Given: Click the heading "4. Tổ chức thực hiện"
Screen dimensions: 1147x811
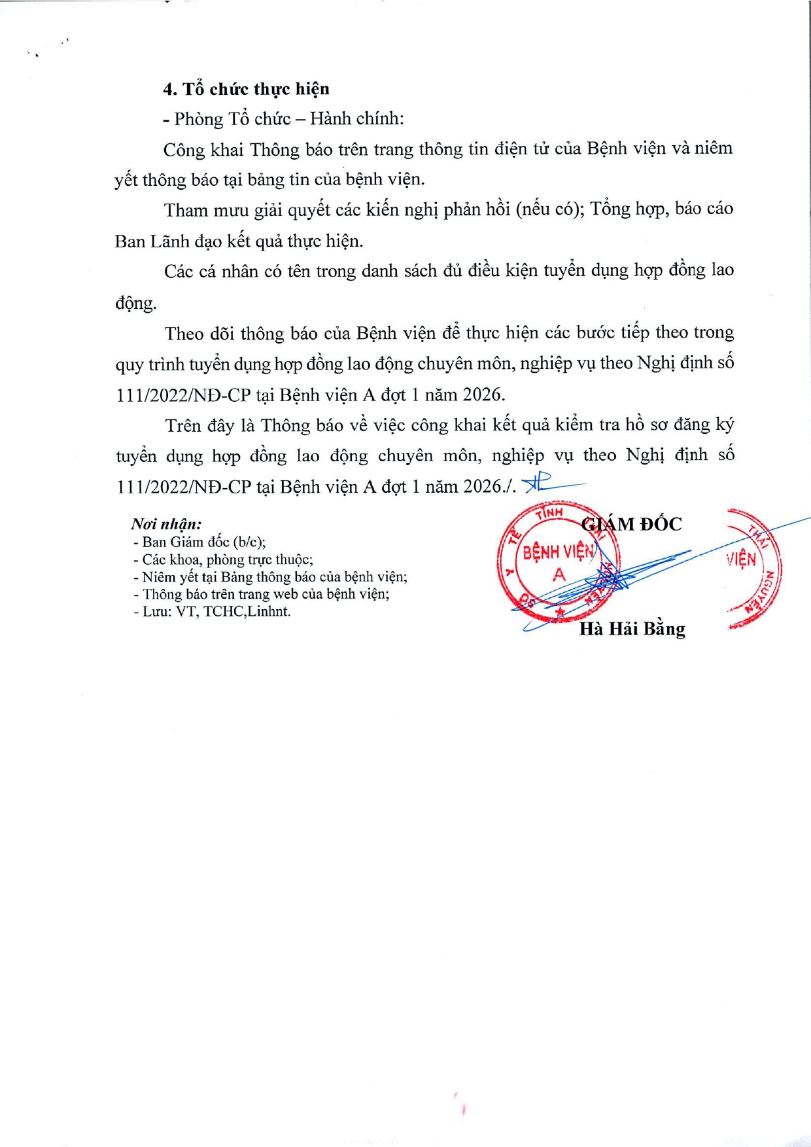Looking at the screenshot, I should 246,89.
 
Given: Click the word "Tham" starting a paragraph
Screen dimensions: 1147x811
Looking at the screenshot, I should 184,210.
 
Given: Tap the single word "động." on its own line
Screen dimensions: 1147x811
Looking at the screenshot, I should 136,303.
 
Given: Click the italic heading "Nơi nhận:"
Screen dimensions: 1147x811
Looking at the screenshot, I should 166,524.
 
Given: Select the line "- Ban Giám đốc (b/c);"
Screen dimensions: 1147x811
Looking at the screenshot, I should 199,542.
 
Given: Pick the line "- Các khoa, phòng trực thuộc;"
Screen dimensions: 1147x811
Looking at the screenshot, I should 222,559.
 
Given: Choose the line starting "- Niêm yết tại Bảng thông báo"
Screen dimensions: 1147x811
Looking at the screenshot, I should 269,577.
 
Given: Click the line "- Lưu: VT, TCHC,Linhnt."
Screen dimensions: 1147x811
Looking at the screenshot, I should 211,612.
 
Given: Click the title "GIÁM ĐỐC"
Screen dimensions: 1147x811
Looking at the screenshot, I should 632,524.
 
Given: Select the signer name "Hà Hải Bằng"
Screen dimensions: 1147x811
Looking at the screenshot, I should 632,629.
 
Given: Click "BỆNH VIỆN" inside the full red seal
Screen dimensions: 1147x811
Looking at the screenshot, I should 558,552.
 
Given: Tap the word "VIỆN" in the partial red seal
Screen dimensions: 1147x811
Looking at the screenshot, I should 741,559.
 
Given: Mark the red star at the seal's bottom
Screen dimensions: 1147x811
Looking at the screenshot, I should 560,612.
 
